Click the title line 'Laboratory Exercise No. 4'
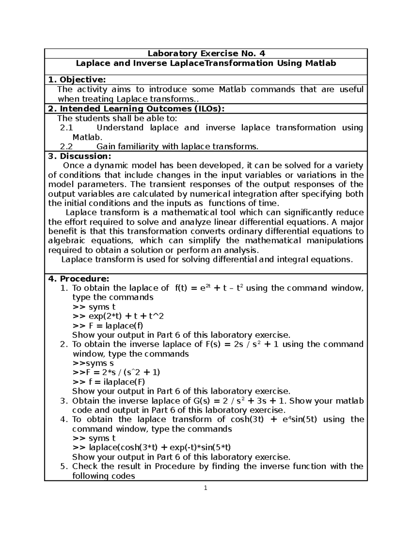click(206, 54)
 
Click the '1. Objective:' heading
click(77, 80)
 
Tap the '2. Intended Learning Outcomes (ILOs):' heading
click(136, 109)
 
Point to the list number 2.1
click(67, 128)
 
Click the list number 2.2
click(67, 147)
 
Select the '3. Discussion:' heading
click(80, 156)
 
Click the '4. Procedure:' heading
click(79, 278)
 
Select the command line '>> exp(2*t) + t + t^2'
click(118, 316)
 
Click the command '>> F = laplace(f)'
click(108, 325)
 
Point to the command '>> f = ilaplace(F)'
click(109, 382)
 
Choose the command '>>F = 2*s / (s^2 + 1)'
click(116, 372)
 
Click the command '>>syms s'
click(93, 363)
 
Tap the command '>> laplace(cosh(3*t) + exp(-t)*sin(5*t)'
click(151, 448)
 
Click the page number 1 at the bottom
click(206, 488)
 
